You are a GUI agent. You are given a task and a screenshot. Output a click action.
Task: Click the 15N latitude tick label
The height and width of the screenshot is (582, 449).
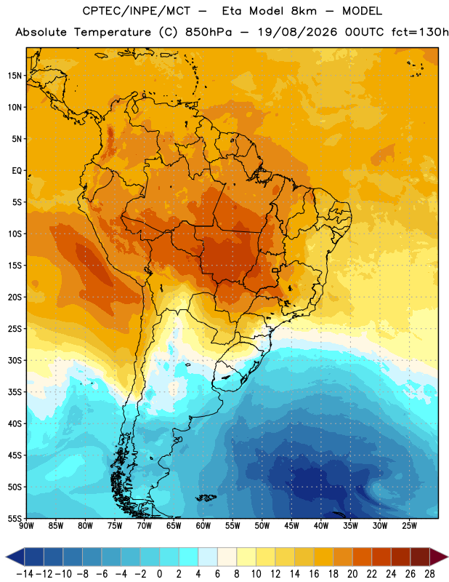pyautogui.click(x=15, y=76)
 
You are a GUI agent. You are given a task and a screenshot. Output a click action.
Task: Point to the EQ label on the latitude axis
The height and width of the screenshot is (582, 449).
pyautogui.click(x=17, y=171)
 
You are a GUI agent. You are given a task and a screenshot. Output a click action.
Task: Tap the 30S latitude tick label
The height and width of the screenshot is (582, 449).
pyautogui.click(x=15, y=360)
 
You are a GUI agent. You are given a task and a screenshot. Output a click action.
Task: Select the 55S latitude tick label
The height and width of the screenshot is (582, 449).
pyautogui.click(x=15, y=518)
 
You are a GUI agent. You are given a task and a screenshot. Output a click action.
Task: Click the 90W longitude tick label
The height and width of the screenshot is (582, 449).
pyautogui.click(x=26, y=526)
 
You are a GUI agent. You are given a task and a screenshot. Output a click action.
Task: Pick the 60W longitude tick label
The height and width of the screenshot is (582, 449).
pyautogui.click(x=203, y=526)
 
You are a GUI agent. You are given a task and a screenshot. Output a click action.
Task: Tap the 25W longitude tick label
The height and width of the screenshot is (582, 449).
pyautogui.click(x=409, y=526)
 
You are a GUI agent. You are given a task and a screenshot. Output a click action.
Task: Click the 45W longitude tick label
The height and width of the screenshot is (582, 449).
pyautogui.click(x=291, y=526)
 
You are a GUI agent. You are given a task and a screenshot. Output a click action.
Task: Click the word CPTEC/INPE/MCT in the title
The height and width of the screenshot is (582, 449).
pyautogui.click(x=137, y=11)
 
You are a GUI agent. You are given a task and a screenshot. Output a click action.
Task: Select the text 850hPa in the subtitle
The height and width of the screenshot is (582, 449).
pyautogui.click(x=209, y=32)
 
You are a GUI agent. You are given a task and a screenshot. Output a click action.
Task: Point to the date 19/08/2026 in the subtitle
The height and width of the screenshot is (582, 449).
pyautogui.click(x=297, y=32)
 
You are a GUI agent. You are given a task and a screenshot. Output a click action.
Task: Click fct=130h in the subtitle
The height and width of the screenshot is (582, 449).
pyautogui.click(x=420, y=32)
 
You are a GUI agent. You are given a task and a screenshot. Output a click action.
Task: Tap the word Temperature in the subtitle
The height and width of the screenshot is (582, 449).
pyautogui.click(x=113, y=32)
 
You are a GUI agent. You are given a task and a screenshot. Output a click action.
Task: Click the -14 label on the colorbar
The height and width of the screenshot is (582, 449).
pyautogui.click(x=25, y=574)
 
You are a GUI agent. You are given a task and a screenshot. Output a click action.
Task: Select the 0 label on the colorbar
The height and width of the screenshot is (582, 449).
pyautogui.click(x=159, y=574)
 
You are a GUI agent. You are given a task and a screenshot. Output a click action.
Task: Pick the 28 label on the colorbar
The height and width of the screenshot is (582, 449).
pyautogui.click(x=429, y=574)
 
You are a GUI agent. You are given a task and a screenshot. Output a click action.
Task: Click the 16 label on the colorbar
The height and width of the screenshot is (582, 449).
pyautogui.click(x=314, y=574)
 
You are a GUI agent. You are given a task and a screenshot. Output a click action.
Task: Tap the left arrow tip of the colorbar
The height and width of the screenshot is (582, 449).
pyautogui.click(x=6, y=557)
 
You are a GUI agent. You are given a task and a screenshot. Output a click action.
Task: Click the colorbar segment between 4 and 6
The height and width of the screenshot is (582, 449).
pyautogui.click(x=208, y=557)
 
